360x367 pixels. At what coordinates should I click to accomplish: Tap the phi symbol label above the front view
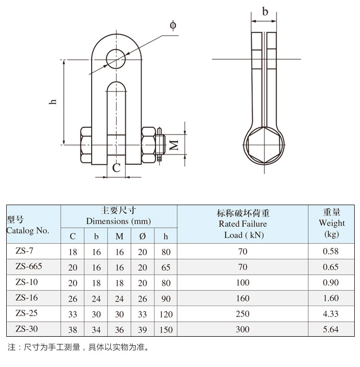pyautogui.click(x=173, y=25)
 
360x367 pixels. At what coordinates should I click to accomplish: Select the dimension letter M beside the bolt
pyautogui.click(x=174, y=145)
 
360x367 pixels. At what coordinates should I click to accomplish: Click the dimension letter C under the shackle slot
pyautogui.click(x=116, y=168)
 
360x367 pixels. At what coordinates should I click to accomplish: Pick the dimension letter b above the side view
pyautogui.click(x=265, y=12)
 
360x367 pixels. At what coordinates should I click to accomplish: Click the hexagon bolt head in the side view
pyautogui.click(x=264, y=145)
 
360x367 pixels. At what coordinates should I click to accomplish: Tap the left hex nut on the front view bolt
pyautogui.click(x=86, y=145)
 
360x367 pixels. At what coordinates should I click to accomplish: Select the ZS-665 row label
pyautogui.click(x=29, y=266)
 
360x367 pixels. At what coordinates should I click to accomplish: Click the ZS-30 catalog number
pyautogui.click(x=27, y=329)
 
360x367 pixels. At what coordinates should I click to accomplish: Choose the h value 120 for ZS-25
pyautogui.click(x=166, y=314)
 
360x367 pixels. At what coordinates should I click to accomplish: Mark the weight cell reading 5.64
pyautogui.click(x=331, y=330)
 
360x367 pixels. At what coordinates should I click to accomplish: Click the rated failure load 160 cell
pyautogui.click(x=243, y=298)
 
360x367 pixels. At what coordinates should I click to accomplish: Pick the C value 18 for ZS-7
pyautogui.click(x=73, y=252)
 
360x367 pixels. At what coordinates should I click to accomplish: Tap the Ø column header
pyautogui.click(x=143, y=236)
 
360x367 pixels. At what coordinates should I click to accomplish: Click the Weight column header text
pyautogui.click(x=332, y=223)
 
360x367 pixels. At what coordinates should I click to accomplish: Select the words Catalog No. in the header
pyautogui.click(x=28, y=231)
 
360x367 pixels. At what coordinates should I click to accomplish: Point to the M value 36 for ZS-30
pyautogui.click(x=120, y=330)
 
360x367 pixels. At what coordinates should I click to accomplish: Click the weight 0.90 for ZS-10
pyautogui.click(x=331, y=282)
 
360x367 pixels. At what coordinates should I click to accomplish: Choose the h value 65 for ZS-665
pyautogui.click(x=166, y=268)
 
